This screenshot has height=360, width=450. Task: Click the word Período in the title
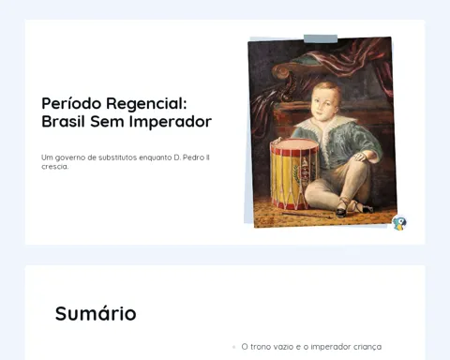coord(71,103)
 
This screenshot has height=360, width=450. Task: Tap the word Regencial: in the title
coord(146,104)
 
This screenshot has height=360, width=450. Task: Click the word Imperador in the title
coord(171,122)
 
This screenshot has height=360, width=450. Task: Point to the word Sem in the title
coord(107,121)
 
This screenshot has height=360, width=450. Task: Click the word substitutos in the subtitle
coord(117,157)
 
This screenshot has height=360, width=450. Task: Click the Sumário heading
coord(96,313)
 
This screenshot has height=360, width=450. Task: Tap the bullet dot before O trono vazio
coord(233,347)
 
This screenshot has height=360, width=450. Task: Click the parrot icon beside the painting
coord(399,223)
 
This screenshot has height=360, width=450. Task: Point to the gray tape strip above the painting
coord(321,38)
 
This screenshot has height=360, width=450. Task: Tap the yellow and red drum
coord(294,174)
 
